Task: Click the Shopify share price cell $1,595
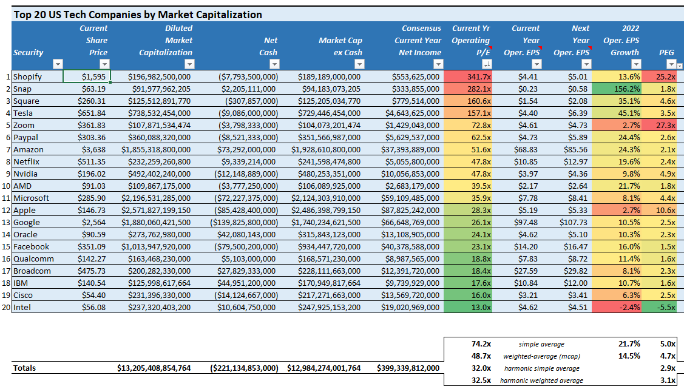tap(87, 76)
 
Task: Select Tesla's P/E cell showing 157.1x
tap(467, 113)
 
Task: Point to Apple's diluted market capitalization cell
tap(155, 210)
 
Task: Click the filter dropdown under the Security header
tap(58, 64)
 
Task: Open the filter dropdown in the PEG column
tap(671, 64)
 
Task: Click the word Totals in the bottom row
tap(25, 368)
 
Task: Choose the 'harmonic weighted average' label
tap(541, 380)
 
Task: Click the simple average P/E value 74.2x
tap(481, 344)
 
